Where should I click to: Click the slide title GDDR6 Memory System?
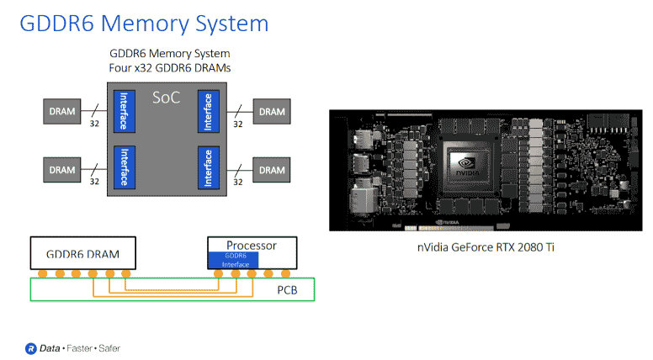click(144, 23)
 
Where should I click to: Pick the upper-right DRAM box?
click(271, 110)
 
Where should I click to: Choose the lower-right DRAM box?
click(271, 169)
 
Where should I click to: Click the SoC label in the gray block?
click(166, 98)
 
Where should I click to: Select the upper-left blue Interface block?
click(123, 110)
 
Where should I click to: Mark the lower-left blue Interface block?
click(123, 168)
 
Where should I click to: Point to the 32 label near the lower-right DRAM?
click(238, 182)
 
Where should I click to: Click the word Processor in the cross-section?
click(252, 245)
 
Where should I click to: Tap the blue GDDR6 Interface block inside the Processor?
click(236, 260)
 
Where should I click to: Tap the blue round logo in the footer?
click(30, 347)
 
